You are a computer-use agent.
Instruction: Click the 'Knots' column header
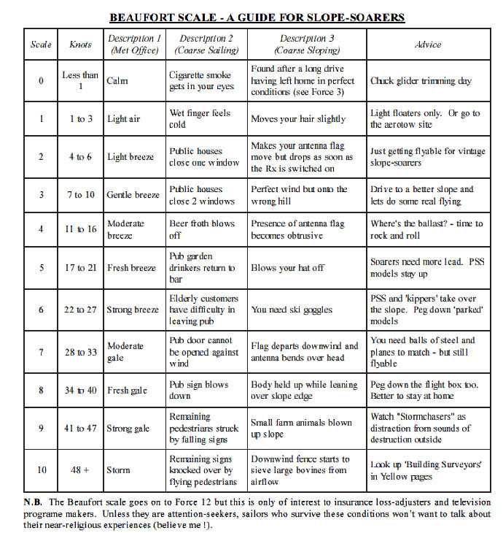80,45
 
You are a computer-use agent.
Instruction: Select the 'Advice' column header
428,45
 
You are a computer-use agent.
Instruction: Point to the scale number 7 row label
41,351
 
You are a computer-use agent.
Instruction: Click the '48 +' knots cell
80,469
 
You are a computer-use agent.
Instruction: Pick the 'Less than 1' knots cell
80,80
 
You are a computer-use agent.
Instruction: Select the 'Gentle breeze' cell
133,195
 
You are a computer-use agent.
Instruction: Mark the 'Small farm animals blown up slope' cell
300,428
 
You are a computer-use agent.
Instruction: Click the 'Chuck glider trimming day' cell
421,81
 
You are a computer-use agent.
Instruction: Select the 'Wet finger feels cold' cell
200,119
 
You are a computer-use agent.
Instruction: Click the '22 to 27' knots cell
80,310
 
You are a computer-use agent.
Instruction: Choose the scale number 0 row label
41,80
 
